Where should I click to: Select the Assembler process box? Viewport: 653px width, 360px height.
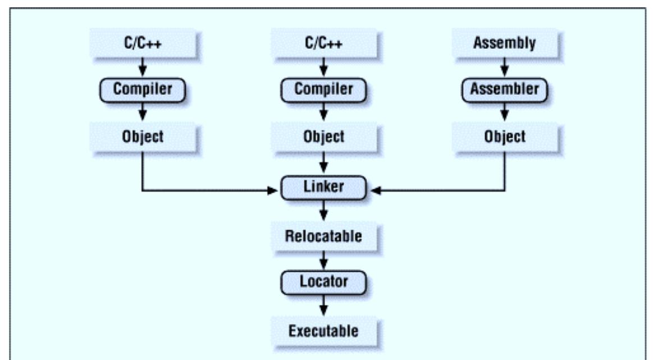(504, 89)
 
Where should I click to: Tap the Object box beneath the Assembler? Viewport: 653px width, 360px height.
(504, 136)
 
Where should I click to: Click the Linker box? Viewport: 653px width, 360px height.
(323, 188)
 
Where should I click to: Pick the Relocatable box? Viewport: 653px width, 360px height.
(323, 235)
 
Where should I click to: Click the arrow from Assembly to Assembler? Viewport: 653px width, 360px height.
(504, 66)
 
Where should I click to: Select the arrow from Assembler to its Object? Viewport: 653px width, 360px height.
(504, 112)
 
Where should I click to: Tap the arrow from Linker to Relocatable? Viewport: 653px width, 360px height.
(323, 211)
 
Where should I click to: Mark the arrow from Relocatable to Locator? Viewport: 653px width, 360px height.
(323, 258)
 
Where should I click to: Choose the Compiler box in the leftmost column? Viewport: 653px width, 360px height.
(142, 89)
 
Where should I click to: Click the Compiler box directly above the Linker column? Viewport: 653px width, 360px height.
(323, 89)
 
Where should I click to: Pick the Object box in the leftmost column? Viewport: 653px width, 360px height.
(142, 136)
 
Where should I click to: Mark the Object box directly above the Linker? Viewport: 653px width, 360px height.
(323, 136)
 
